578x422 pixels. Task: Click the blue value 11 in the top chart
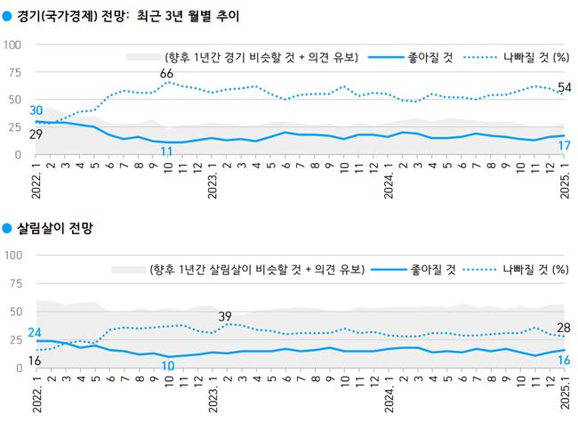point(166,151)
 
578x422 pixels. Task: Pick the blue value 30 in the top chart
point(36,110)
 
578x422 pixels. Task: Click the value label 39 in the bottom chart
point(225,315)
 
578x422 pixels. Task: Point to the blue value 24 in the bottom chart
point(36,333)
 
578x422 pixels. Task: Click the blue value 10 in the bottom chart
point(166,365)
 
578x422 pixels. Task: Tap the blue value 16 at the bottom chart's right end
point(563,361)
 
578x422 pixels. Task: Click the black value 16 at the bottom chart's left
point(36,360)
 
